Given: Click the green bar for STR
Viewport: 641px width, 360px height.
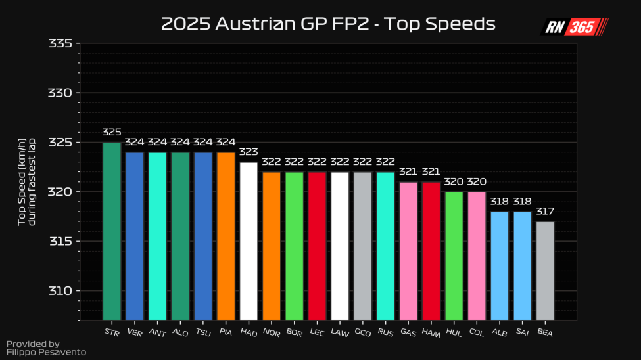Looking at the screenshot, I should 112,231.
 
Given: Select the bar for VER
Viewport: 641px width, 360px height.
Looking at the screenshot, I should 135,236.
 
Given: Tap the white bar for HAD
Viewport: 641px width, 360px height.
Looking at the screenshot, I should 249,240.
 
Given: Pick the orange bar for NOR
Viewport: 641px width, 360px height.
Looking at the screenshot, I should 272,246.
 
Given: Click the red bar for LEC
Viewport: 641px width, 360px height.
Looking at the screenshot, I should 317,246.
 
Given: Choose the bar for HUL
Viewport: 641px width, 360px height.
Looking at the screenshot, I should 454,256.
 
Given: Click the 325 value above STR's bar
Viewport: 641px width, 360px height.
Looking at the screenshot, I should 112,133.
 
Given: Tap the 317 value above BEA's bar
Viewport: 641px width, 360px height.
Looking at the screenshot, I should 545,212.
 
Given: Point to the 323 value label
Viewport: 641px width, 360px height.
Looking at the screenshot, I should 249,152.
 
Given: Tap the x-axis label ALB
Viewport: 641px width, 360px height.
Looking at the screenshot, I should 499,333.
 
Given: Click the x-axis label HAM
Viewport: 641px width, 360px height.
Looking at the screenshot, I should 431,333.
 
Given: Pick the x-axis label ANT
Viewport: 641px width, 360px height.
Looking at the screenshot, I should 157,333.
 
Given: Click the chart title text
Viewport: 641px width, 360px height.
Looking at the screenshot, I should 327,25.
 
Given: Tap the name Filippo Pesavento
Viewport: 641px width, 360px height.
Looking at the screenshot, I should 46,353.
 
